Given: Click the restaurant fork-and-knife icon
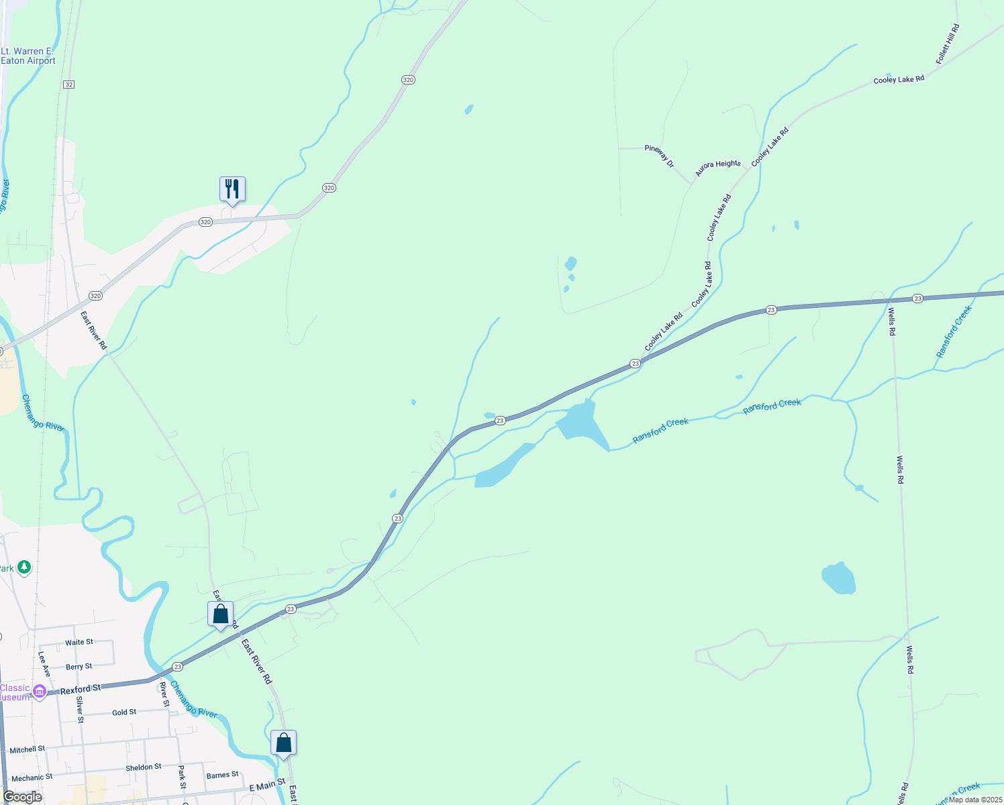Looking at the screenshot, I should tap(232, 189).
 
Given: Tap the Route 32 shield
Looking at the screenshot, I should tap(69, 85).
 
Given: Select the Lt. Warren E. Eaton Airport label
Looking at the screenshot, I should tap(28, 56).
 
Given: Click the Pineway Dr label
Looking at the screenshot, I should tap(659, 156).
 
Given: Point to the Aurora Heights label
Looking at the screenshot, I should tap(717, 168).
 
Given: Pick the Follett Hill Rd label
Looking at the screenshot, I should tap(948, 44).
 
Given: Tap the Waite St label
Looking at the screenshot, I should tap(79, 642).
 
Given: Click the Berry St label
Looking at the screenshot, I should tap(79, 667).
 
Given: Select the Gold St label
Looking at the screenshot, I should tap(123, 712).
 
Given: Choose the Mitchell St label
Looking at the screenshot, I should tap(27, 749).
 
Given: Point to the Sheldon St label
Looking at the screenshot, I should tap(143, 767).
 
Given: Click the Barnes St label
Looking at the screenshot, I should tap(222, 775).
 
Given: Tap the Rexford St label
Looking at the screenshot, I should tap(80, 690).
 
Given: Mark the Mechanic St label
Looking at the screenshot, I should tap(32, 777).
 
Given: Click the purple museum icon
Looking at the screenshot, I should tap(40, 691).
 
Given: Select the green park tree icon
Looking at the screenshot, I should tap(24, 568).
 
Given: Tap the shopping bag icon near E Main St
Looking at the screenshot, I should tap(283, 743).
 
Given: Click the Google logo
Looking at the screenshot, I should tap(22, 797).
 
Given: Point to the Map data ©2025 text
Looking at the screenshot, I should tap(974, 800).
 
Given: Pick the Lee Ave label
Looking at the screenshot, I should tap(44, 664).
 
